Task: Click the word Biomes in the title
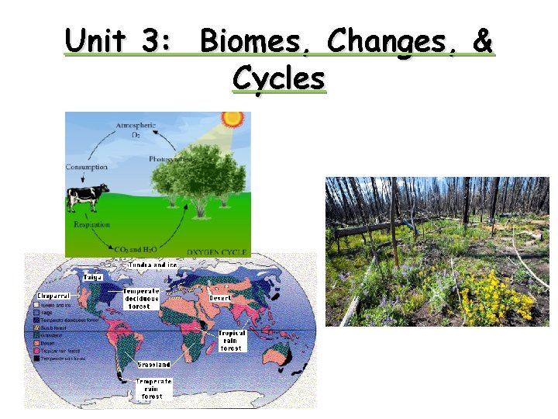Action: pos(256,43)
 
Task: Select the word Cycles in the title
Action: pos(279,78)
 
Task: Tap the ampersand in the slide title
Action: pos(482,43)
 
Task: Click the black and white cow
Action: pos(85,197)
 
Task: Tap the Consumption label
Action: pos(87,167)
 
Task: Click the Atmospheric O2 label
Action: pos(136,130)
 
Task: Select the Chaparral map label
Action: pos(53,296)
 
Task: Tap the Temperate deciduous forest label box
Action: pos(141,299)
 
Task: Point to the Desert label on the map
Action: pos(221,297)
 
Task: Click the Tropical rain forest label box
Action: pos(231,341)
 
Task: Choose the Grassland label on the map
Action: pos(154,364)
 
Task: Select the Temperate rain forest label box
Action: pos(153,389)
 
